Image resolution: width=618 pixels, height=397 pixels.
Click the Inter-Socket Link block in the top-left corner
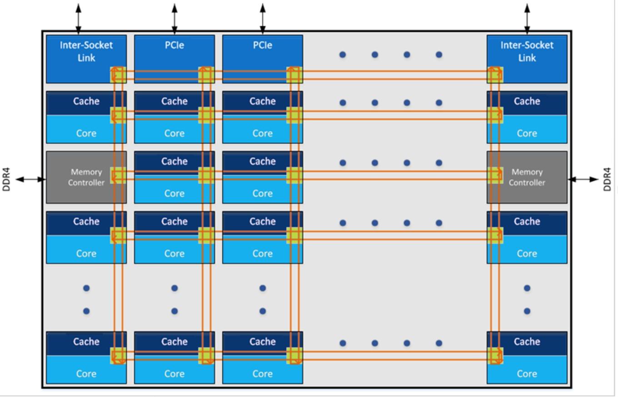pyautogui.click(x=86, y=59)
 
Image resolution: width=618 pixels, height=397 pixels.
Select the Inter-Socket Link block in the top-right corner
pyautogui.click(x=527, y=59)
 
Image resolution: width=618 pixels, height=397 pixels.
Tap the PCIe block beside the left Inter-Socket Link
pyautogui.click(x=174, y=59)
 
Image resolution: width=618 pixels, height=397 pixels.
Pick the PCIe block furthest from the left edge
pyautogui.click(x=263, y=59)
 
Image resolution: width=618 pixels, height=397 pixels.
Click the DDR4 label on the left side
pyautogui.click(x=6, y=179)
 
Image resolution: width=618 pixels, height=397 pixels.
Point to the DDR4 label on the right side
pyautogui.click(x=607, y=179)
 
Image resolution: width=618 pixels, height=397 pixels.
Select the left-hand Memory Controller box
pyautogui.click(x=86, y=177)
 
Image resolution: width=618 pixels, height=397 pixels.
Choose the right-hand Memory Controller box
pyautogui.click(x=527, y=177)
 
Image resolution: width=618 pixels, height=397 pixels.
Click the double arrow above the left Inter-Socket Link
pyautogui.click(x=79, y=19)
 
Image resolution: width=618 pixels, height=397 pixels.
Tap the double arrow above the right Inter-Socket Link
pyautogui.click(x=527, y=19)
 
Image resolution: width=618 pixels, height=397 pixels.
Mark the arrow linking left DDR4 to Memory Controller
pyautogui.click(x=31, y=179)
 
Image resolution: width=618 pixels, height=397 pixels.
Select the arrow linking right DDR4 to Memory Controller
pyautogui.click(x=583, y=179)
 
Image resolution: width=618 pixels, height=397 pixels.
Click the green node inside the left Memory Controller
pyautogui.click(x=118, y=175)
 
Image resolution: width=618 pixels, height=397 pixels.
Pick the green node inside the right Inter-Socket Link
pyautogui.click(x=495, y=74)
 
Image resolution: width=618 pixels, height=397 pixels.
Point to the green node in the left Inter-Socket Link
pyautogui.click(x=118, y=74)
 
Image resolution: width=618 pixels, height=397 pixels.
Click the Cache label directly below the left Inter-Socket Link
pyautogui.click(x=86, y=101)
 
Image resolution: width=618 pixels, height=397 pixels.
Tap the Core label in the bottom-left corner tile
pyautogui.click(x=86, y=374)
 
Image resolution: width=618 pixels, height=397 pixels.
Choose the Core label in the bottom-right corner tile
pyautogui.click(x=527, y=374)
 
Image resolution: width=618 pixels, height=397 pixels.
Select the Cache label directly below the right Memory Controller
pyautogui.click(x=527, y=221)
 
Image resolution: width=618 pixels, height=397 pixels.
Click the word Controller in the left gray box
pyautogui.click(x=86, y=183)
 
